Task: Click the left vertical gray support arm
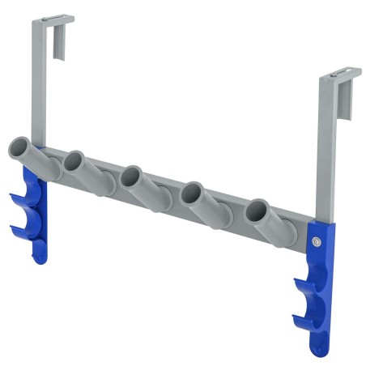pyautogui.click(x=37, y=89)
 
